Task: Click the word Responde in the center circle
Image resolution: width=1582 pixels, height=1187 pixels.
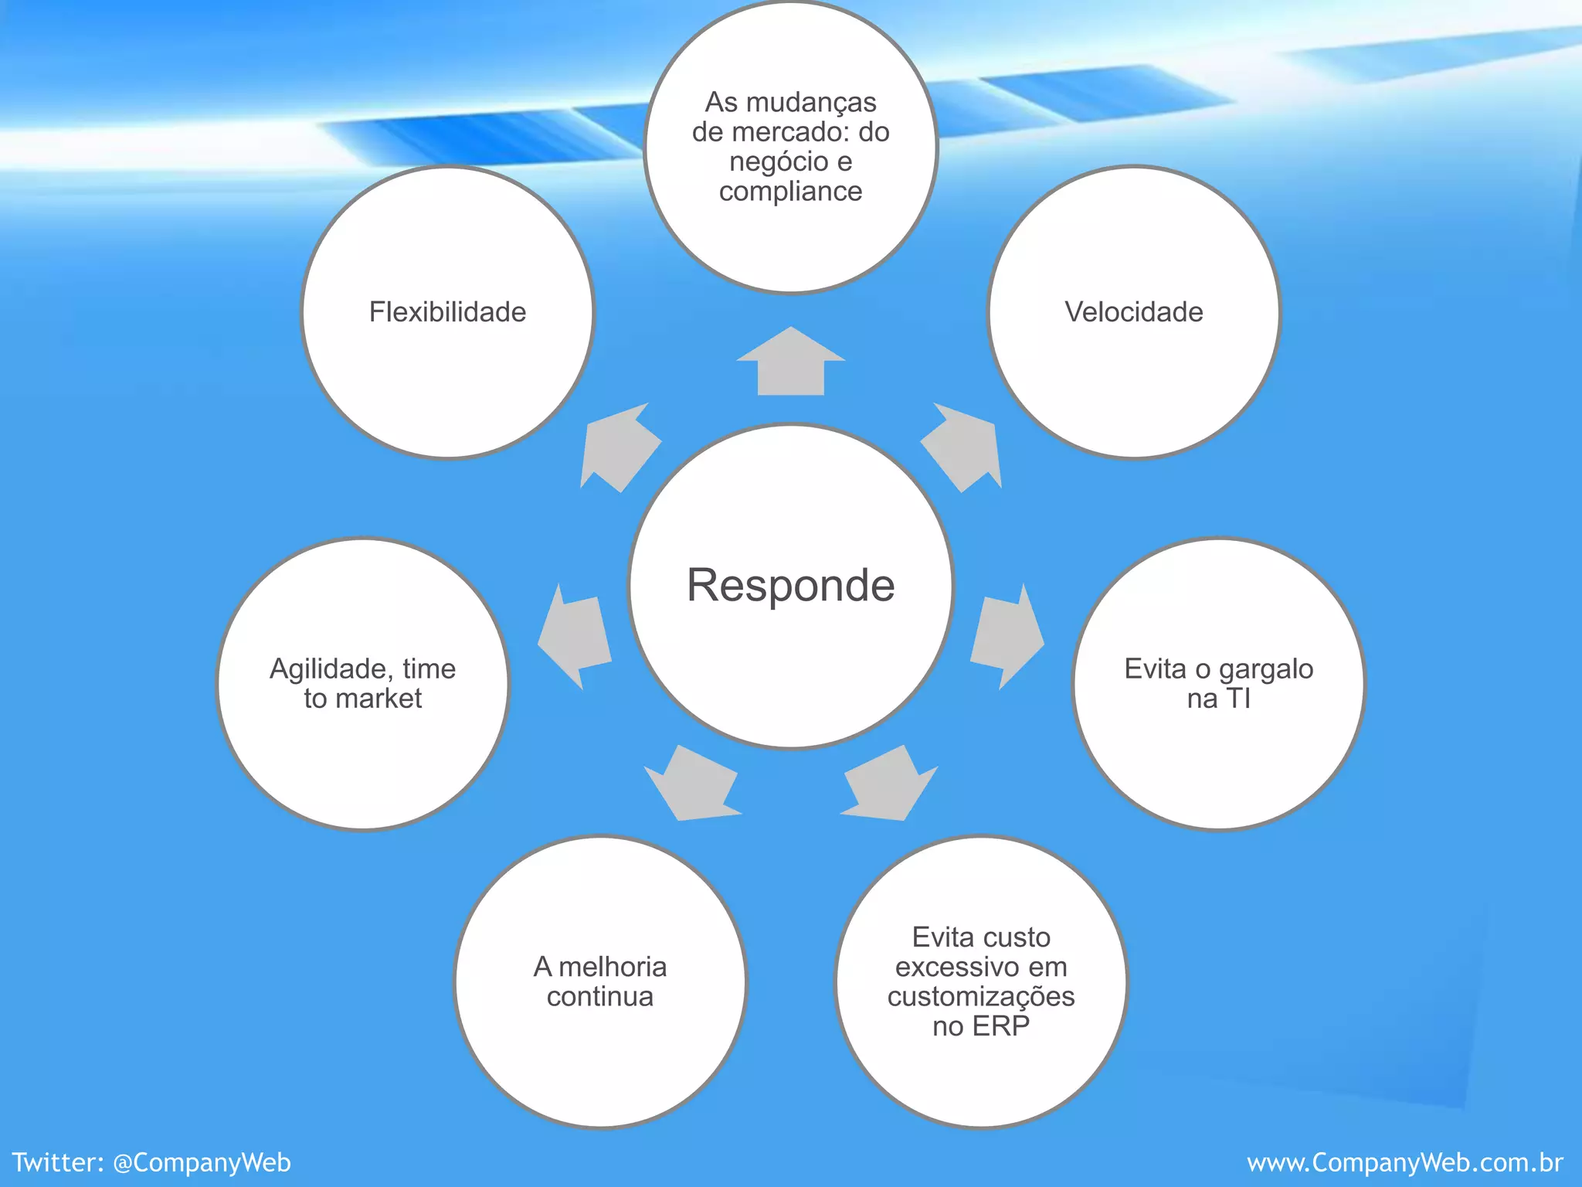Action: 790,585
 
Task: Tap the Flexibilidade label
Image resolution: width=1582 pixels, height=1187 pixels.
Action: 447,312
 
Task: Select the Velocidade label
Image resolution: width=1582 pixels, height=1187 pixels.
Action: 1133,312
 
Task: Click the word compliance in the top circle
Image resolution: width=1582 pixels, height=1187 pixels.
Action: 790,192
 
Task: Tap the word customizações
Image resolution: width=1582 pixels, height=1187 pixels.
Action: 980,997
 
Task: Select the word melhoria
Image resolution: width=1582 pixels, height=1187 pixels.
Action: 612,967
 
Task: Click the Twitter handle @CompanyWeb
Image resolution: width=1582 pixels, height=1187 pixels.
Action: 202,1162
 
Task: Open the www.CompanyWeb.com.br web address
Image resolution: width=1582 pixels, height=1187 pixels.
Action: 1404,1162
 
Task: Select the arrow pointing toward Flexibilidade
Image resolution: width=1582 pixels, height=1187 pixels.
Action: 619,448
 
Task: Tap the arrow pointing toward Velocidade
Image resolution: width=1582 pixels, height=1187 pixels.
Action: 962,448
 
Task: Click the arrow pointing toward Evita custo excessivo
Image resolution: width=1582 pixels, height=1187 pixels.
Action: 889,784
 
